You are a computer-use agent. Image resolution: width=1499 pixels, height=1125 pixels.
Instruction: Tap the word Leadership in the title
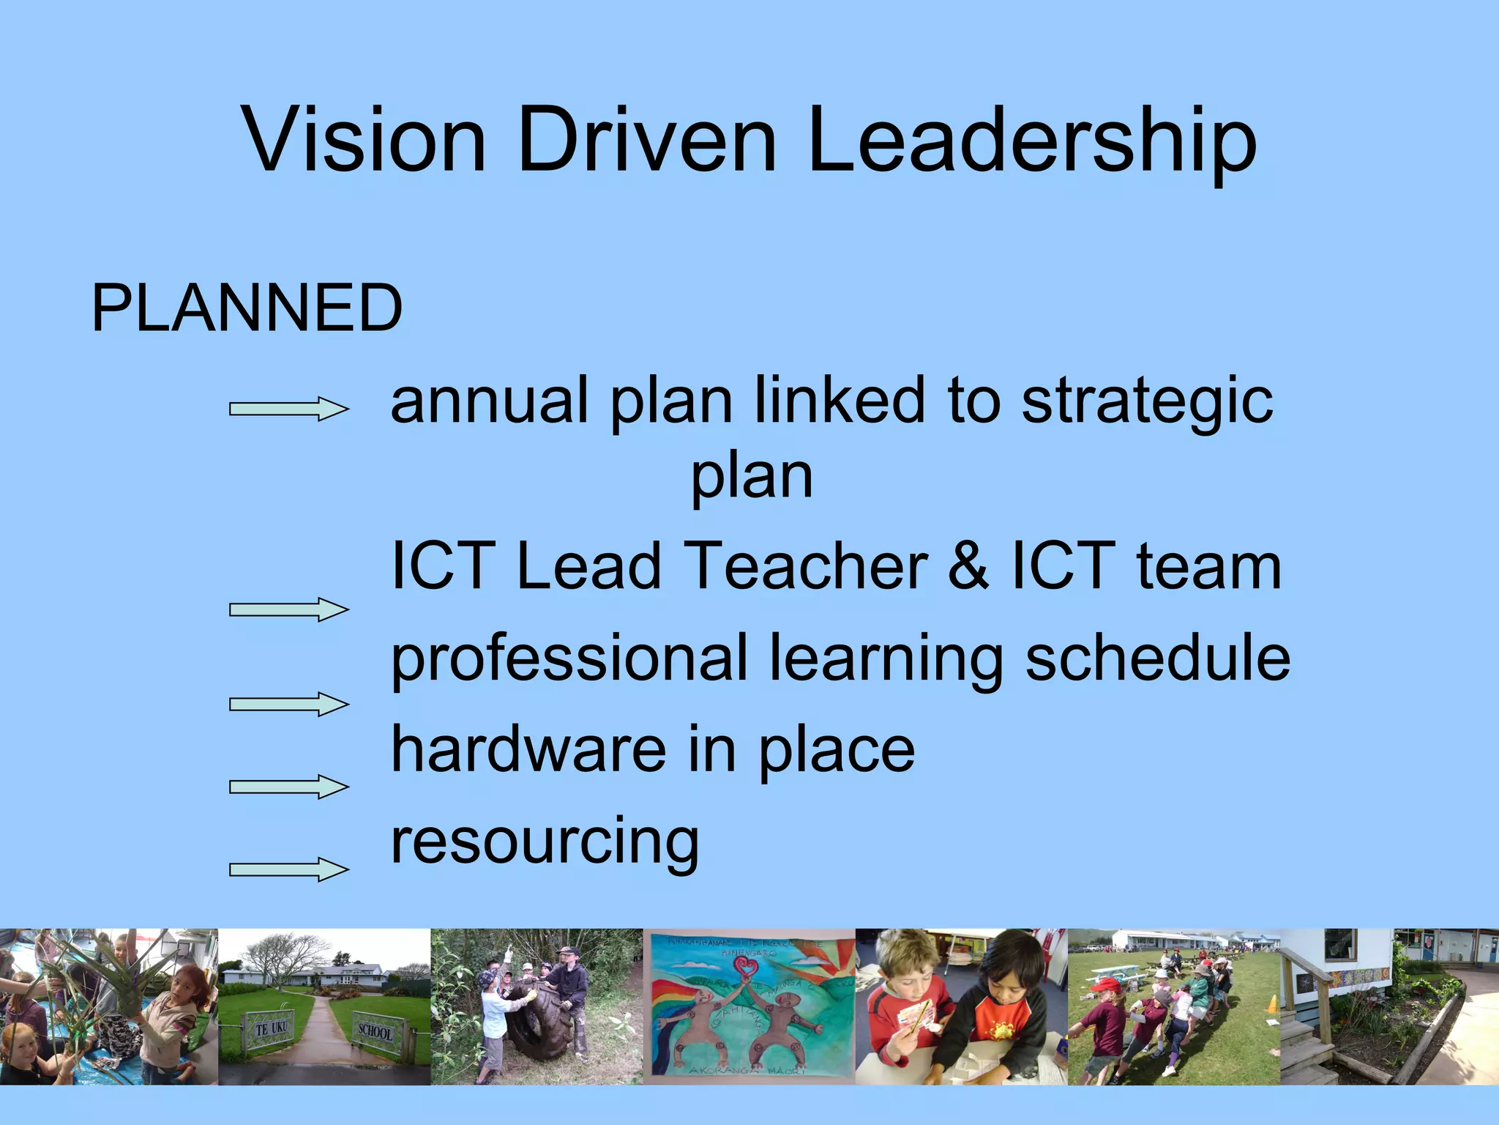coord(1032,141)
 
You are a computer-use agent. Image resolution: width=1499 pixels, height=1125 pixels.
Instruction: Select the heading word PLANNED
coord(247,308)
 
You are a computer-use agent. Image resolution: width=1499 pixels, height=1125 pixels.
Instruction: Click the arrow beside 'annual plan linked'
coord(288,409)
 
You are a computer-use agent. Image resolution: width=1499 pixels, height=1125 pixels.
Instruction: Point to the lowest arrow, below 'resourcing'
coord(288,869)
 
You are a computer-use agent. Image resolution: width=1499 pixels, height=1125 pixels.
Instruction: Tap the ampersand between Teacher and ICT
coord(968,565)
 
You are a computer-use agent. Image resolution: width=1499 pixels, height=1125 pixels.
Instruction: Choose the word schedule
coord(1157,657)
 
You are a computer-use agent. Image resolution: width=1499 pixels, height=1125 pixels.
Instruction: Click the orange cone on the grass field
coord(1272,1003)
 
